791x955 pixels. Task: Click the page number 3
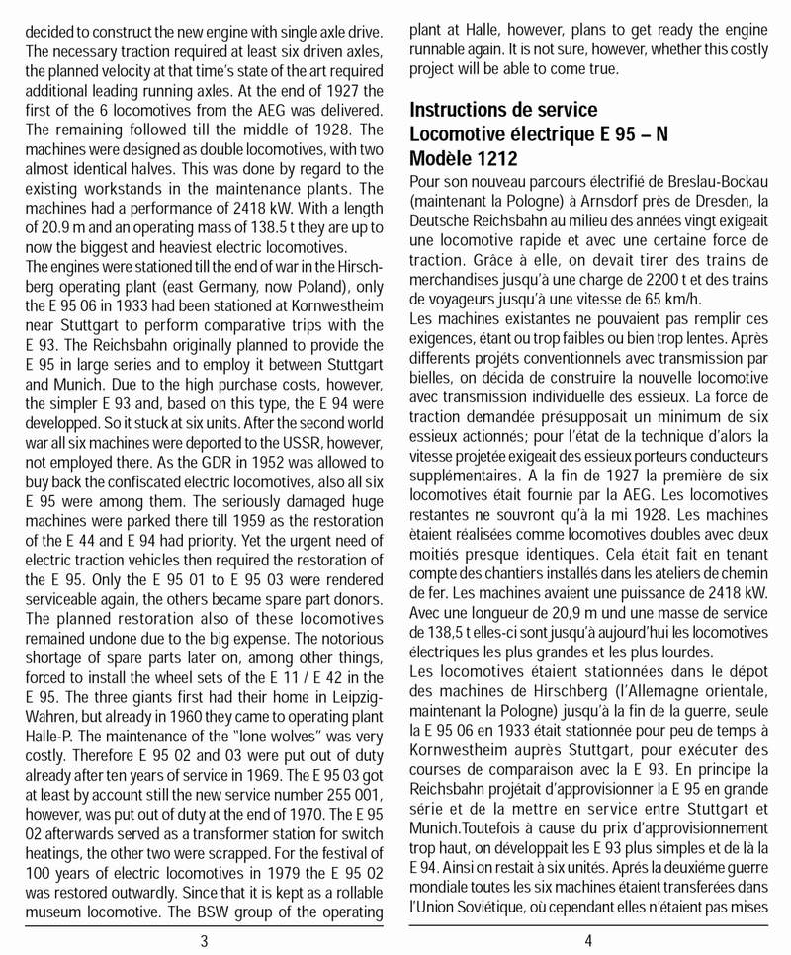[204, 940]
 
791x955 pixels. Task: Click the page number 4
[588, 940]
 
